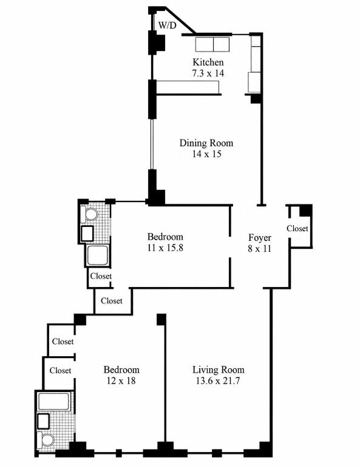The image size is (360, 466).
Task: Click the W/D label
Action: coord(167,25)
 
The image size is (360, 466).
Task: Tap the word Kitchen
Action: coord(208,62)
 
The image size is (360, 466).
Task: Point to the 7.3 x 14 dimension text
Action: coord(208,73)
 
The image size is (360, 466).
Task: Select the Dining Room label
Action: coord(206,143)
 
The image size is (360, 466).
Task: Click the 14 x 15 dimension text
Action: coord(206,154)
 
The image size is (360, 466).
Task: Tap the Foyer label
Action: coord(260,237)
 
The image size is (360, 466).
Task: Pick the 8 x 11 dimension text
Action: coord(260,248)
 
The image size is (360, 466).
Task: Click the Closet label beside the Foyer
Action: coord(297,228)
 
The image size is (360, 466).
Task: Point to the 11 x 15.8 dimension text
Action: coord(165,248)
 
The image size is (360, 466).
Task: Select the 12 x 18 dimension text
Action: coord(121,380)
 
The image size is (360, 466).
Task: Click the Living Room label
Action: coord(219,370)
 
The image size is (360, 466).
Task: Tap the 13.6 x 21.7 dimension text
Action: coord(218,380)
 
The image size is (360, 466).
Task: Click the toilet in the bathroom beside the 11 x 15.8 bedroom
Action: coord(89,214)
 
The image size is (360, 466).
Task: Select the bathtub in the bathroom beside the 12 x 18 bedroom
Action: coord(54,402)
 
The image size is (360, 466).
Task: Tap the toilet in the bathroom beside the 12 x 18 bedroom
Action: coord(46,440)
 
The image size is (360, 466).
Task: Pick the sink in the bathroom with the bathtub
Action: coord(43,422)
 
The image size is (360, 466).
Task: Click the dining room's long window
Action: coord(152,144)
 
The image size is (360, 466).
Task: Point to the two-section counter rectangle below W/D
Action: coord(212,44)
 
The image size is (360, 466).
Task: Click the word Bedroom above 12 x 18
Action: coord(121,370)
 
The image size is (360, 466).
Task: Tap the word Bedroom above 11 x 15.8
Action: coord(165,237)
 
